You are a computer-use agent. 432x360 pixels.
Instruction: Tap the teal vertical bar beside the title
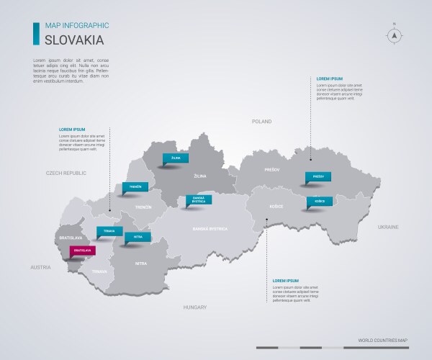coord(36,32)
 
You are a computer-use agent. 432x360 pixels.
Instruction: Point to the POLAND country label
coord(261,122)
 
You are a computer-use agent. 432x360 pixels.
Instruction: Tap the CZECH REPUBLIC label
coord(66,174)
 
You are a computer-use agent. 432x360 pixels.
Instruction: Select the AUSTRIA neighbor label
coord(40,267)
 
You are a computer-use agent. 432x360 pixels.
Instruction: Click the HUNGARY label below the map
coord(194,307)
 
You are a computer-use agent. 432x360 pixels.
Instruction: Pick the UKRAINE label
coord(388,227)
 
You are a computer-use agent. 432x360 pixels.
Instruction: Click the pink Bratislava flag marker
coord(82,251)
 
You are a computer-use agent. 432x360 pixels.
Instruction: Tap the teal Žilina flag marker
coord(176,157)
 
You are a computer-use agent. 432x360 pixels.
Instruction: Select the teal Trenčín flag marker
coord(135,186)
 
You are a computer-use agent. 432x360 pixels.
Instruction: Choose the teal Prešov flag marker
coord(318,176)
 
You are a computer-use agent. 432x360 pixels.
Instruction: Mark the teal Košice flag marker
coord(319,201)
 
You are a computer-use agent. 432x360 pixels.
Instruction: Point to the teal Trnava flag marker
coord(109,231)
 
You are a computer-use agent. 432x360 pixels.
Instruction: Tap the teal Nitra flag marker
coord(138,236)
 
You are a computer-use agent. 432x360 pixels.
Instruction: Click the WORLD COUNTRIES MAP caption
coord(382,340)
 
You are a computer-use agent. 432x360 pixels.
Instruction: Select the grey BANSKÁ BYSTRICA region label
coord(210,228)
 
